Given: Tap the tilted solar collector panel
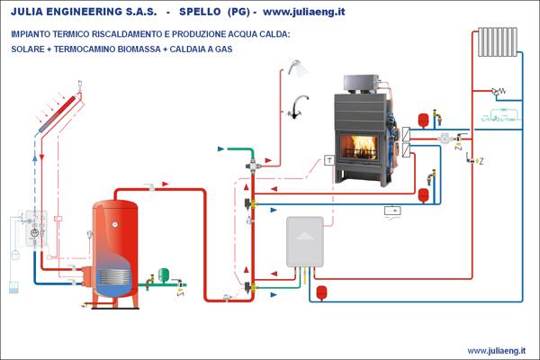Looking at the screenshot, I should [x=56, y=125].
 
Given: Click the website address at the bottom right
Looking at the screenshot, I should [x=497, y=350].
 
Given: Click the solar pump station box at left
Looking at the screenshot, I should [x=34, y=230].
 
